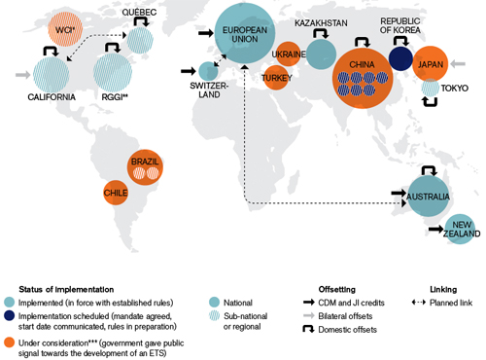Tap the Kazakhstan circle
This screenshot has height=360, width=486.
pos(321,54)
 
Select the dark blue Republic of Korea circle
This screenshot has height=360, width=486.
pos(400,58)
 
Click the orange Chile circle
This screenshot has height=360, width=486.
pos(115,194)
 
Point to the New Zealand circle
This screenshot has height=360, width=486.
pos(459,229)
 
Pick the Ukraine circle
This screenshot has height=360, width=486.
pos(289,54)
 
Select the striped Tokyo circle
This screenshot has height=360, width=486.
pos(429,90)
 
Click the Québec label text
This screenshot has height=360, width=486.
pos(140,12)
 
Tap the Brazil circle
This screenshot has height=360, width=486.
pos(144,166)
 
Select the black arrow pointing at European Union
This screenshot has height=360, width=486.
pos(205,34)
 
